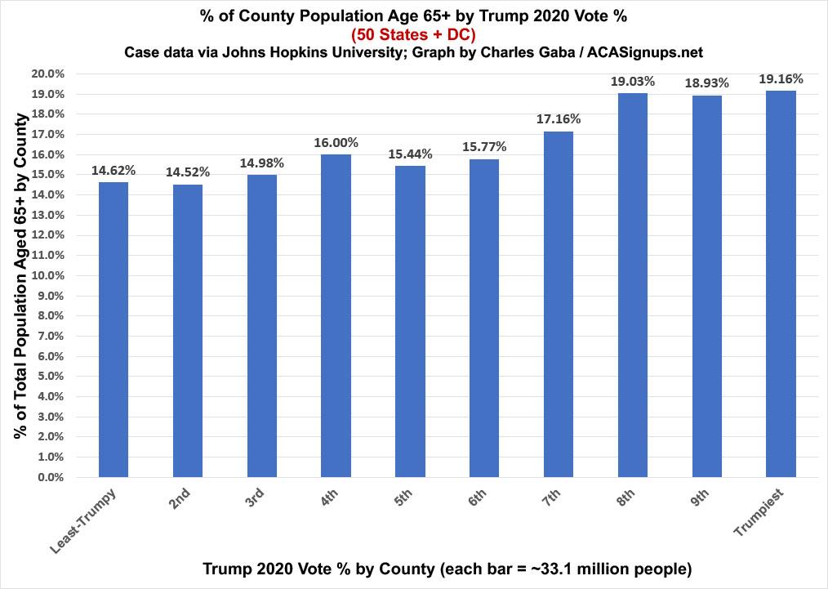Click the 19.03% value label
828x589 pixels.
coord(633,82)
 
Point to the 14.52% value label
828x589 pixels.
coord(188,172)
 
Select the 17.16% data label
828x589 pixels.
coord(559,119)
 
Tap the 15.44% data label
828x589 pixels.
coord(410,154)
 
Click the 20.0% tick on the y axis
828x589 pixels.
coord(49,74)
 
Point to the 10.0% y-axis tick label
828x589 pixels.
coord(49,275)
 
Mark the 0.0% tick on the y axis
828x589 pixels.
coord(51,477)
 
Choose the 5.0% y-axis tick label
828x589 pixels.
coord(51,377)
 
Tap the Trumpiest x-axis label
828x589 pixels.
coord(759,512)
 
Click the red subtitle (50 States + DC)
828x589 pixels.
coord(413,34)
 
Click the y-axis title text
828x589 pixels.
coord(22,275)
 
